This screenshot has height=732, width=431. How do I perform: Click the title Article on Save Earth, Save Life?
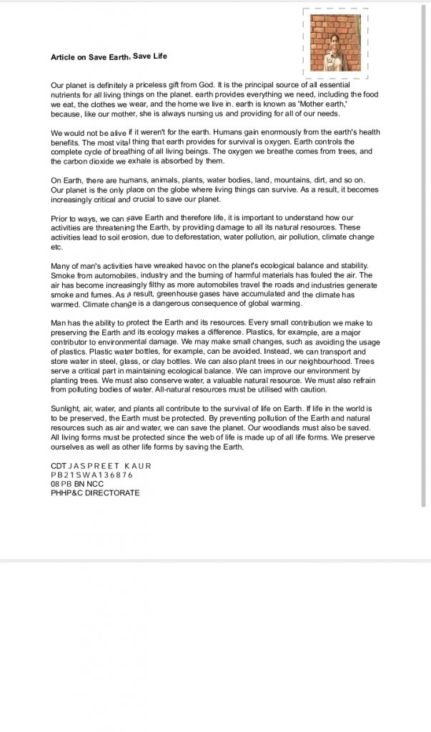point(109,56)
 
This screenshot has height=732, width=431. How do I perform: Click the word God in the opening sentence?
point(203,84)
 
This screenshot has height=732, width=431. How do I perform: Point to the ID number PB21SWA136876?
point(92,475)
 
